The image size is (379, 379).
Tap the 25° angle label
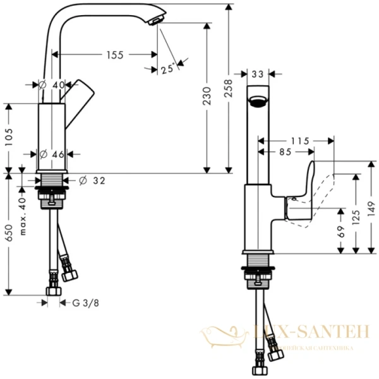click(x=167, y=69)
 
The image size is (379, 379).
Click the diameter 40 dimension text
click(x=53, y=85)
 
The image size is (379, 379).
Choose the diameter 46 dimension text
click(x=53, y=154)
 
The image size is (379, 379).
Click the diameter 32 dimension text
click(x=94, y=181)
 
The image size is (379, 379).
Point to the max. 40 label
click(x=23, y=215)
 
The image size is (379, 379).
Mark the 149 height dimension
click(x=371, y=208)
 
